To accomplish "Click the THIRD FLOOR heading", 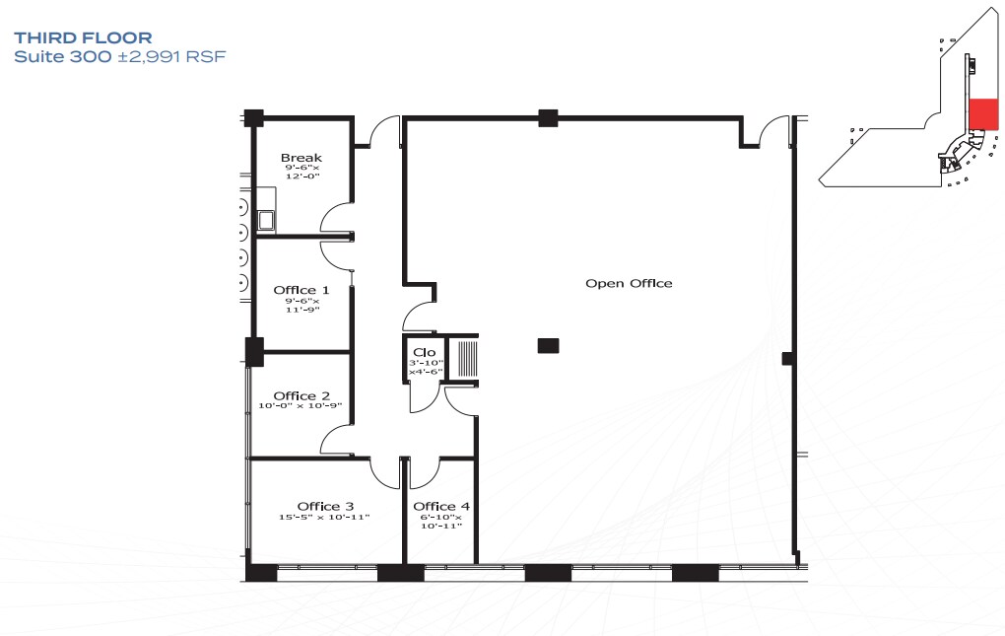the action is [x=84, y=37].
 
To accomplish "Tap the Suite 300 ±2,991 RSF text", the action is [x=120, y=56].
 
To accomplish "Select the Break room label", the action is [x=301, y=158].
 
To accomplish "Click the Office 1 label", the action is [x=301, y=291].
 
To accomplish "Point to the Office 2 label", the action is [x=301, y=396].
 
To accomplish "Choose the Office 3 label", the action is [x=325, y=507].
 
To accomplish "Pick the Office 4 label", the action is [x=441, y=507].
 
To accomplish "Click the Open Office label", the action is [x=629, y=283].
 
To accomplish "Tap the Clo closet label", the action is [x=425, y=352].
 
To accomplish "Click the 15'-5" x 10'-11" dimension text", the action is [x=324, y=517].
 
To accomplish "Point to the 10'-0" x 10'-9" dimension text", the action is [x=300, y=406].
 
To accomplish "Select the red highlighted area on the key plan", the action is [x=983, y=114].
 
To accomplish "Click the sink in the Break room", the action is [x=266, y=220].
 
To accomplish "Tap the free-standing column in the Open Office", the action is [x=548, y=346].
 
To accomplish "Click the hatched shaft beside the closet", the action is [x=467, y=358].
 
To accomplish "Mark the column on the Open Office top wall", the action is [x=548, y=118].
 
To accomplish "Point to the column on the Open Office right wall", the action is [x=788, y=358].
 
